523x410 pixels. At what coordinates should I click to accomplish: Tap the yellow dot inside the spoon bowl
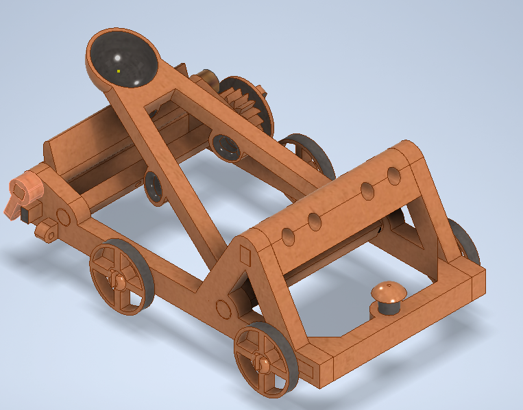point(119,71)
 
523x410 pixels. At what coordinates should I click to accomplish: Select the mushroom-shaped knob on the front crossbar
point(389,292)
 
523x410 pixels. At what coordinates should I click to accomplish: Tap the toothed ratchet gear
point(243,103)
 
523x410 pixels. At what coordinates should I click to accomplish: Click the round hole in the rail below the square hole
point(221,308)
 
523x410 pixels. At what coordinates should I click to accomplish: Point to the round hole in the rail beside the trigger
point(62,218)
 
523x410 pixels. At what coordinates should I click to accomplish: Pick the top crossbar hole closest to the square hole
point(288,237)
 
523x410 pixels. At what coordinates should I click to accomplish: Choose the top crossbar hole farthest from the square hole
point(393,175)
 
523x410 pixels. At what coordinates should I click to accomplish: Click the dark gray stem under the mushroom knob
point(389,307)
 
